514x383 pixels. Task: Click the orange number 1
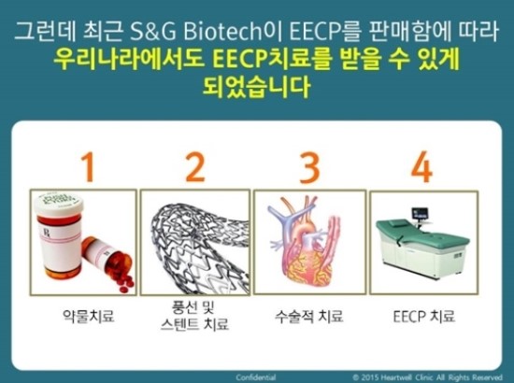point(88,167)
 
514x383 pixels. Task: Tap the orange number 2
point(195,167)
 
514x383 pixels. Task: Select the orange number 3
point(309,167)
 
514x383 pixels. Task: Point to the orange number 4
point(421,167)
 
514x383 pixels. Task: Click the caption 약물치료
point(89,316)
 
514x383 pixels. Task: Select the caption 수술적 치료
point(309,316)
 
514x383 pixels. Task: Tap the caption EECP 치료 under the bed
point(424,317)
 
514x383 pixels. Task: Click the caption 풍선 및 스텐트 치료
point(194,316)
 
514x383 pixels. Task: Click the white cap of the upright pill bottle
point(59,205)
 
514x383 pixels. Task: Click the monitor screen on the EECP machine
point(421,214)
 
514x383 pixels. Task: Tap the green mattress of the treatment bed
point(422,234)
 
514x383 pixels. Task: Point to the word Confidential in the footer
point(256,377)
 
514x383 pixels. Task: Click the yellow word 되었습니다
point(256,87)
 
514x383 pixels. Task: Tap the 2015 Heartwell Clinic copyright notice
point(427,377)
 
